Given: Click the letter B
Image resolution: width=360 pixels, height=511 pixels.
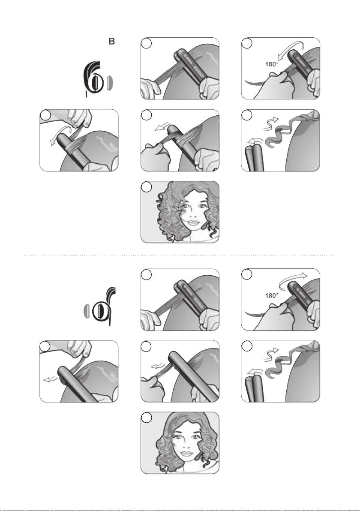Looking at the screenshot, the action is point(111,42).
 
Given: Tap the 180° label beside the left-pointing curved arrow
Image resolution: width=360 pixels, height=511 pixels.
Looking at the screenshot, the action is point(271,64).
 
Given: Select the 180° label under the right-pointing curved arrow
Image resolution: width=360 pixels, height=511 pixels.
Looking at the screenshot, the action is point(271,296).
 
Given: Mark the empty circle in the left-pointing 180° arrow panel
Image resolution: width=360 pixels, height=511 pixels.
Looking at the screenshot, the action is point(247,44).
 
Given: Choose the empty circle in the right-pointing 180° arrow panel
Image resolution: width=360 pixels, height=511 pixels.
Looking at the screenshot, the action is point(247,275).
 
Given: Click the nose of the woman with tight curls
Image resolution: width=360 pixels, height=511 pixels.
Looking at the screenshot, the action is point(192,215).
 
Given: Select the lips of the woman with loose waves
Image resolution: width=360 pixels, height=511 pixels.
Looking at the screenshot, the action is point(186,453).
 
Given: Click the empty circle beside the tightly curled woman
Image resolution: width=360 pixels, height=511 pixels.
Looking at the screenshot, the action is point(146,187).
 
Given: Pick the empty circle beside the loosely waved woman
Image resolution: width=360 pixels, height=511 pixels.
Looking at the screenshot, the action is point(146,418).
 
